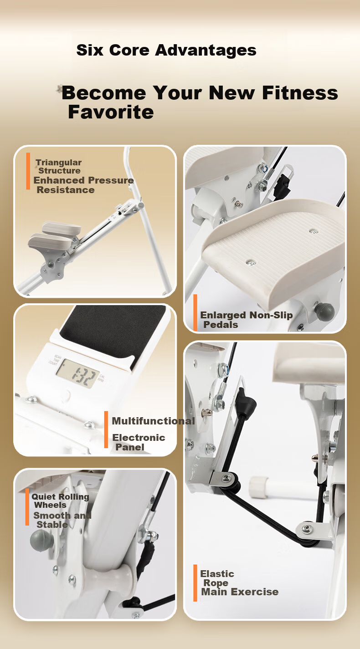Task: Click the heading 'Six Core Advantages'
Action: tap(166, 50)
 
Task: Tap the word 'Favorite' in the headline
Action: tap(111, 112)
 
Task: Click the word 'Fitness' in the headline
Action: tap(300, 93)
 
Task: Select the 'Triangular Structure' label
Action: tap(59, 166)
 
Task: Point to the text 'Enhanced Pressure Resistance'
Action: tap(83, 185)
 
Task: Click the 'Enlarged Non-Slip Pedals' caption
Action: tap(247, 320)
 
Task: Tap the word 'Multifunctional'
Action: tap(153, 421)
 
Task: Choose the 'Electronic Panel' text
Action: tap(139, 442)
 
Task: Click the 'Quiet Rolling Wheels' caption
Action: tap(60, 501)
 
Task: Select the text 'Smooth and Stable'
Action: tap(62, 520)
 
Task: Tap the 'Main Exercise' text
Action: tap(240, 592)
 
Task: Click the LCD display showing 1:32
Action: tap(77, 373)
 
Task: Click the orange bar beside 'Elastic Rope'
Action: tap(195, 583)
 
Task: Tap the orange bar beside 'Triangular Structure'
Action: tap(28, 171)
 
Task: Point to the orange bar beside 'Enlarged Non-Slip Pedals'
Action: tap(195, 312)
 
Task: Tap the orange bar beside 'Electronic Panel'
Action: tap(106, 429)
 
